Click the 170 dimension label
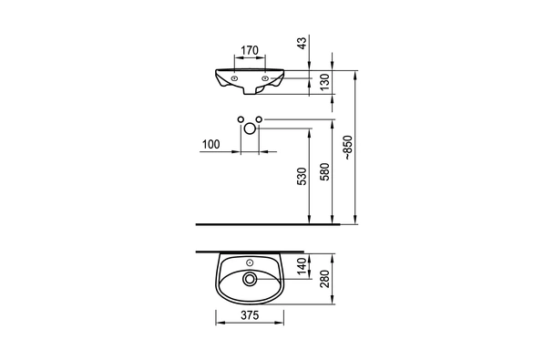(250, 50)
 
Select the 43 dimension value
(303, 43)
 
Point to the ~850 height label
(348, 148)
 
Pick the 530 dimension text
(303, 176)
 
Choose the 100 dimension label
(210, 144)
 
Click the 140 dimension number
(303, 266)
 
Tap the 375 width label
(250, 314)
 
